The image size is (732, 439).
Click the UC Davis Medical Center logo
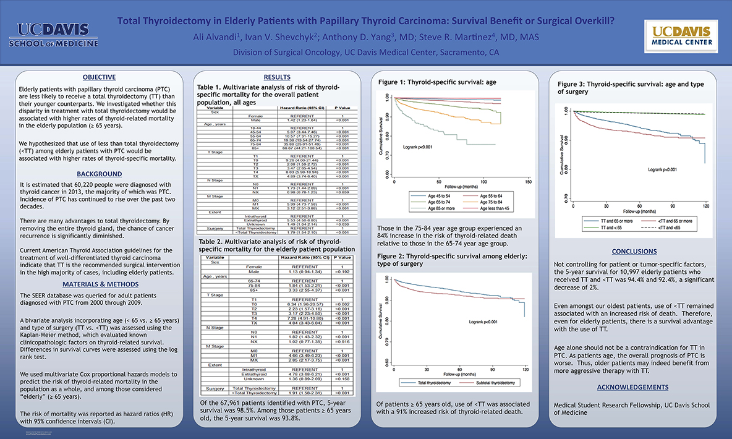pyautogui.click(x=682, y=36)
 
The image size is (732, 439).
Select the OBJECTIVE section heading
pyautogui.click(x=100, y=77)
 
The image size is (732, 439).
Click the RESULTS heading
pyautogui.click(x=276, y=77)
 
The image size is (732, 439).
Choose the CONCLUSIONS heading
pyautogui.click(x=633, y=252)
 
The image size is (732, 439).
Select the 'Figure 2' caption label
pyautogui.click(x=394, y=256)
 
